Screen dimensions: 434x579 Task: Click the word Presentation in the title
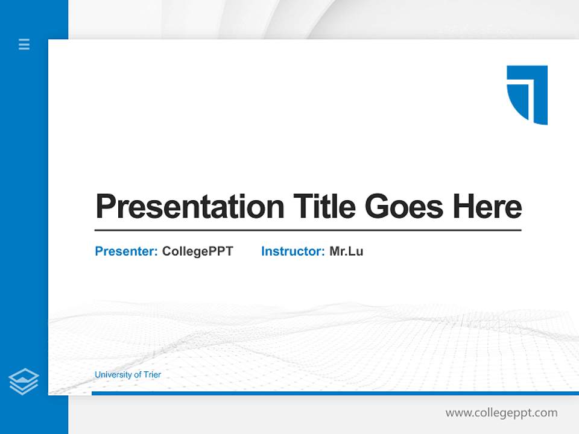click(189, 207)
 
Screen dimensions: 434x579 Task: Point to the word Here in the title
click(487, 207)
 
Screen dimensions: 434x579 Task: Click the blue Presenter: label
click(126, 251)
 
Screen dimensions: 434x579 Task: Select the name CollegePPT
click(197, 251)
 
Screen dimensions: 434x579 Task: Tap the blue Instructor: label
click(293, 251)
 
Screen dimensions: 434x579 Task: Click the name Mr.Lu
click(346, 251)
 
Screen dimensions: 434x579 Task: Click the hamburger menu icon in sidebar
click(24, 44)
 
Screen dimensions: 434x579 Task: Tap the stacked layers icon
click(24, 382)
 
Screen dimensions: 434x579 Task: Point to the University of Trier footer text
click(128, 375)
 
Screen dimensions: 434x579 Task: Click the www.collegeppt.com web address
click(501, 413)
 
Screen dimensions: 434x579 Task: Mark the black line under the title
click(308, 230)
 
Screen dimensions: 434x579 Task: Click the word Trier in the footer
click(152, 375)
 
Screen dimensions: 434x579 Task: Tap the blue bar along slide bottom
click(335, 393)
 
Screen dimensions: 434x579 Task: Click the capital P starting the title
click(106, 207)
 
